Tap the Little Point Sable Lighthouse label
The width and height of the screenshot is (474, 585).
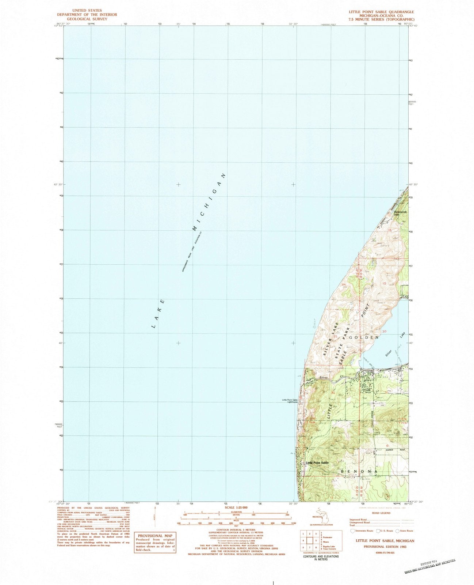tap(290, 401)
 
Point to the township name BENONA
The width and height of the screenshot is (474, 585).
tap(359, 472)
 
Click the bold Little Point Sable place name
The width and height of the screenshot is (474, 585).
tap(317, 463)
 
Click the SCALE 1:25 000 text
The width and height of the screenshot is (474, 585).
tap(236, 507)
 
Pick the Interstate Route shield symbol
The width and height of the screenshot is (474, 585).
tap(352, 531)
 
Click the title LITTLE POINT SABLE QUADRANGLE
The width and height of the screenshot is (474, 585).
tap(381, 11)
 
